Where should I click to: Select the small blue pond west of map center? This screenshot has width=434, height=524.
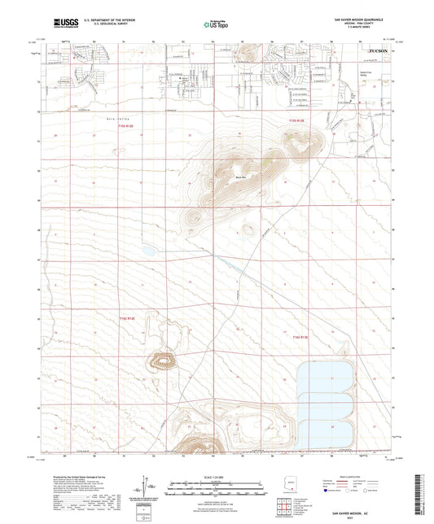click(x=148, y=251)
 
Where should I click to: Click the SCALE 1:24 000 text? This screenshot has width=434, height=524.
click(x=216, y=477)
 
